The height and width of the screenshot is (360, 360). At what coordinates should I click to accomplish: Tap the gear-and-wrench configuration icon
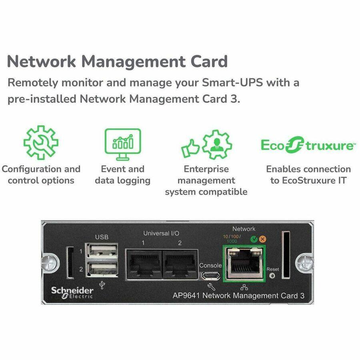click(x=40, y=143)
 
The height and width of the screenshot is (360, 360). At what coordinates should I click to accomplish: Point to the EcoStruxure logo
click(x=307, y=145)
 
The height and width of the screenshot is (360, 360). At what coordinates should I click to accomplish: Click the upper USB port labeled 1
click(x=102, y=251)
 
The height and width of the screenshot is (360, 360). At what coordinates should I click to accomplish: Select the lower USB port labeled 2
click(x=102, y=268)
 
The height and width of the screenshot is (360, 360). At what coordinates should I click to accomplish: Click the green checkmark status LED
click(x=253, y=239)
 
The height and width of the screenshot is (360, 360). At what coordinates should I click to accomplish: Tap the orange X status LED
click(x=262, y=239)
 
